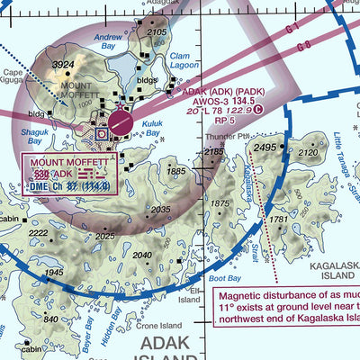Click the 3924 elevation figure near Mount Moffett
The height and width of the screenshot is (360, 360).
[62, 66]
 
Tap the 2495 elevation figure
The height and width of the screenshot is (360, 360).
[265, 147]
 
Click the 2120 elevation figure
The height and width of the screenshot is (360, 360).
[308, 153]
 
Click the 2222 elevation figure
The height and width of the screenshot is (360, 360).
[38, 233]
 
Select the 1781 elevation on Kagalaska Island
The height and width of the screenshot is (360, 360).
[278, 220]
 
